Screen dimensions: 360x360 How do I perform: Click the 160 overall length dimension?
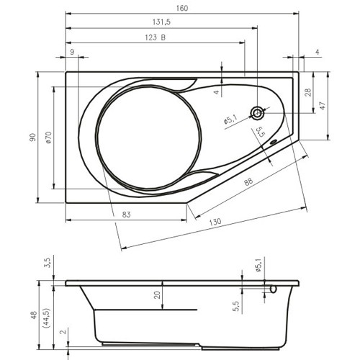[x=182, y=8]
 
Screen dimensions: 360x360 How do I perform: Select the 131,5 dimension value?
[x=161, y=22]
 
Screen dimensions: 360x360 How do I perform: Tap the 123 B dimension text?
[x=156, y=37]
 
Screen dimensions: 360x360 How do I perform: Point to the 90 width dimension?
[x=32, y=137]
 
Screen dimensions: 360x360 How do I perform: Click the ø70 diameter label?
[x=48, y=138]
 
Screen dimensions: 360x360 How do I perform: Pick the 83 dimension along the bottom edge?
[x=126, y=215]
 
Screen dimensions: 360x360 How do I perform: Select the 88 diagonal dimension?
[x=248, y=181]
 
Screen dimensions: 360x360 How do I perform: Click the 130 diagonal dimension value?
[x=215, y=222]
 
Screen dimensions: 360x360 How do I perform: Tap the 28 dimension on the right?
[x=308, y=92]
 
